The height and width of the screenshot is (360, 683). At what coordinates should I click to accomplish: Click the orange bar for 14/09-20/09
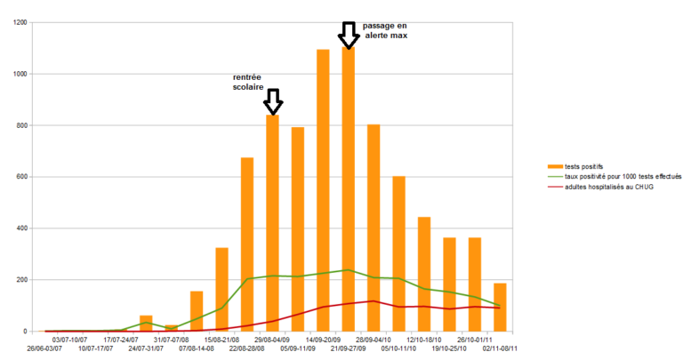323,190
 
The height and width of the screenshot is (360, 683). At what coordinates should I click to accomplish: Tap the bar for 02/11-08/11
501,307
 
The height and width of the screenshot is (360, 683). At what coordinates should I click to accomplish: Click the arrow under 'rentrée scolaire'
273,101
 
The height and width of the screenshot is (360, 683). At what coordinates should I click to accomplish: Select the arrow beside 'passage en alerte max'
349,35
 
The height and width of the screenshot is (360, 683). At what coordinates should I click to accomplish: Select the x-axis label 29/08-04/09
272,339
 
